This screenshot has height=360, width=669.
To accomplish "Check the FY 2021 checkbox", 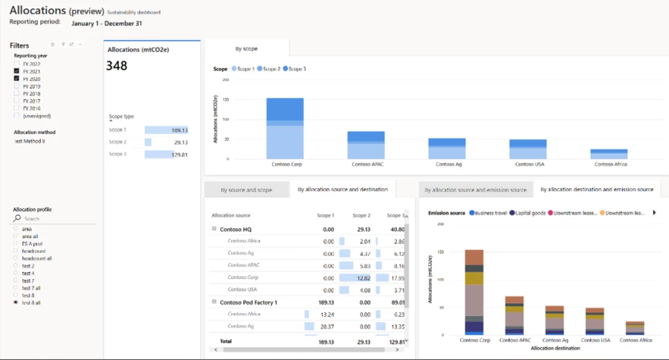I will pos(17,71).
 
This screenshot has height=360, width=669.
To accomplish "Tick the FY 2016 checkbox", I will pos(17,109).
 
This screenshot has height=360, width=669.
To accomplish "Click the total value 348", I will pos(117,65).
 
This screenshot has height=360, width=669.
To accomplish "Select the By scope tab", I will pos(246,48).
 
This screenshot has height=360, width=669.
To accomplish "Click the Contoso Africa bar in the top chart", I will pos(609,154).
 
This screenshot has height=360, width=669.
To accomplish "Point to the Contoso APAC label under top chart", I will pos(366,164).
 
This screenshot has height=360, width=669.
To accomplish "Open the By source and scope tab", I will pos(248,190).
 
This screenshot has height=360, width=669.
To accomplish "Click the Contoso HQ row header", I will pos(236,229).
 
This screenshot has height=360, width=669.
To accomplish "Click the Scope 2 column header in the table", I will pos(361,214).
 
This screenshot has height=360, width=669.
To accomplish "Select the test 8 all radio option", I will pos(16,303).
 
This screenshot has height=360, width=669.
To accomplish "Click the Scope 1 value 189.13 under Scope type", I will pos(179,129).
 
